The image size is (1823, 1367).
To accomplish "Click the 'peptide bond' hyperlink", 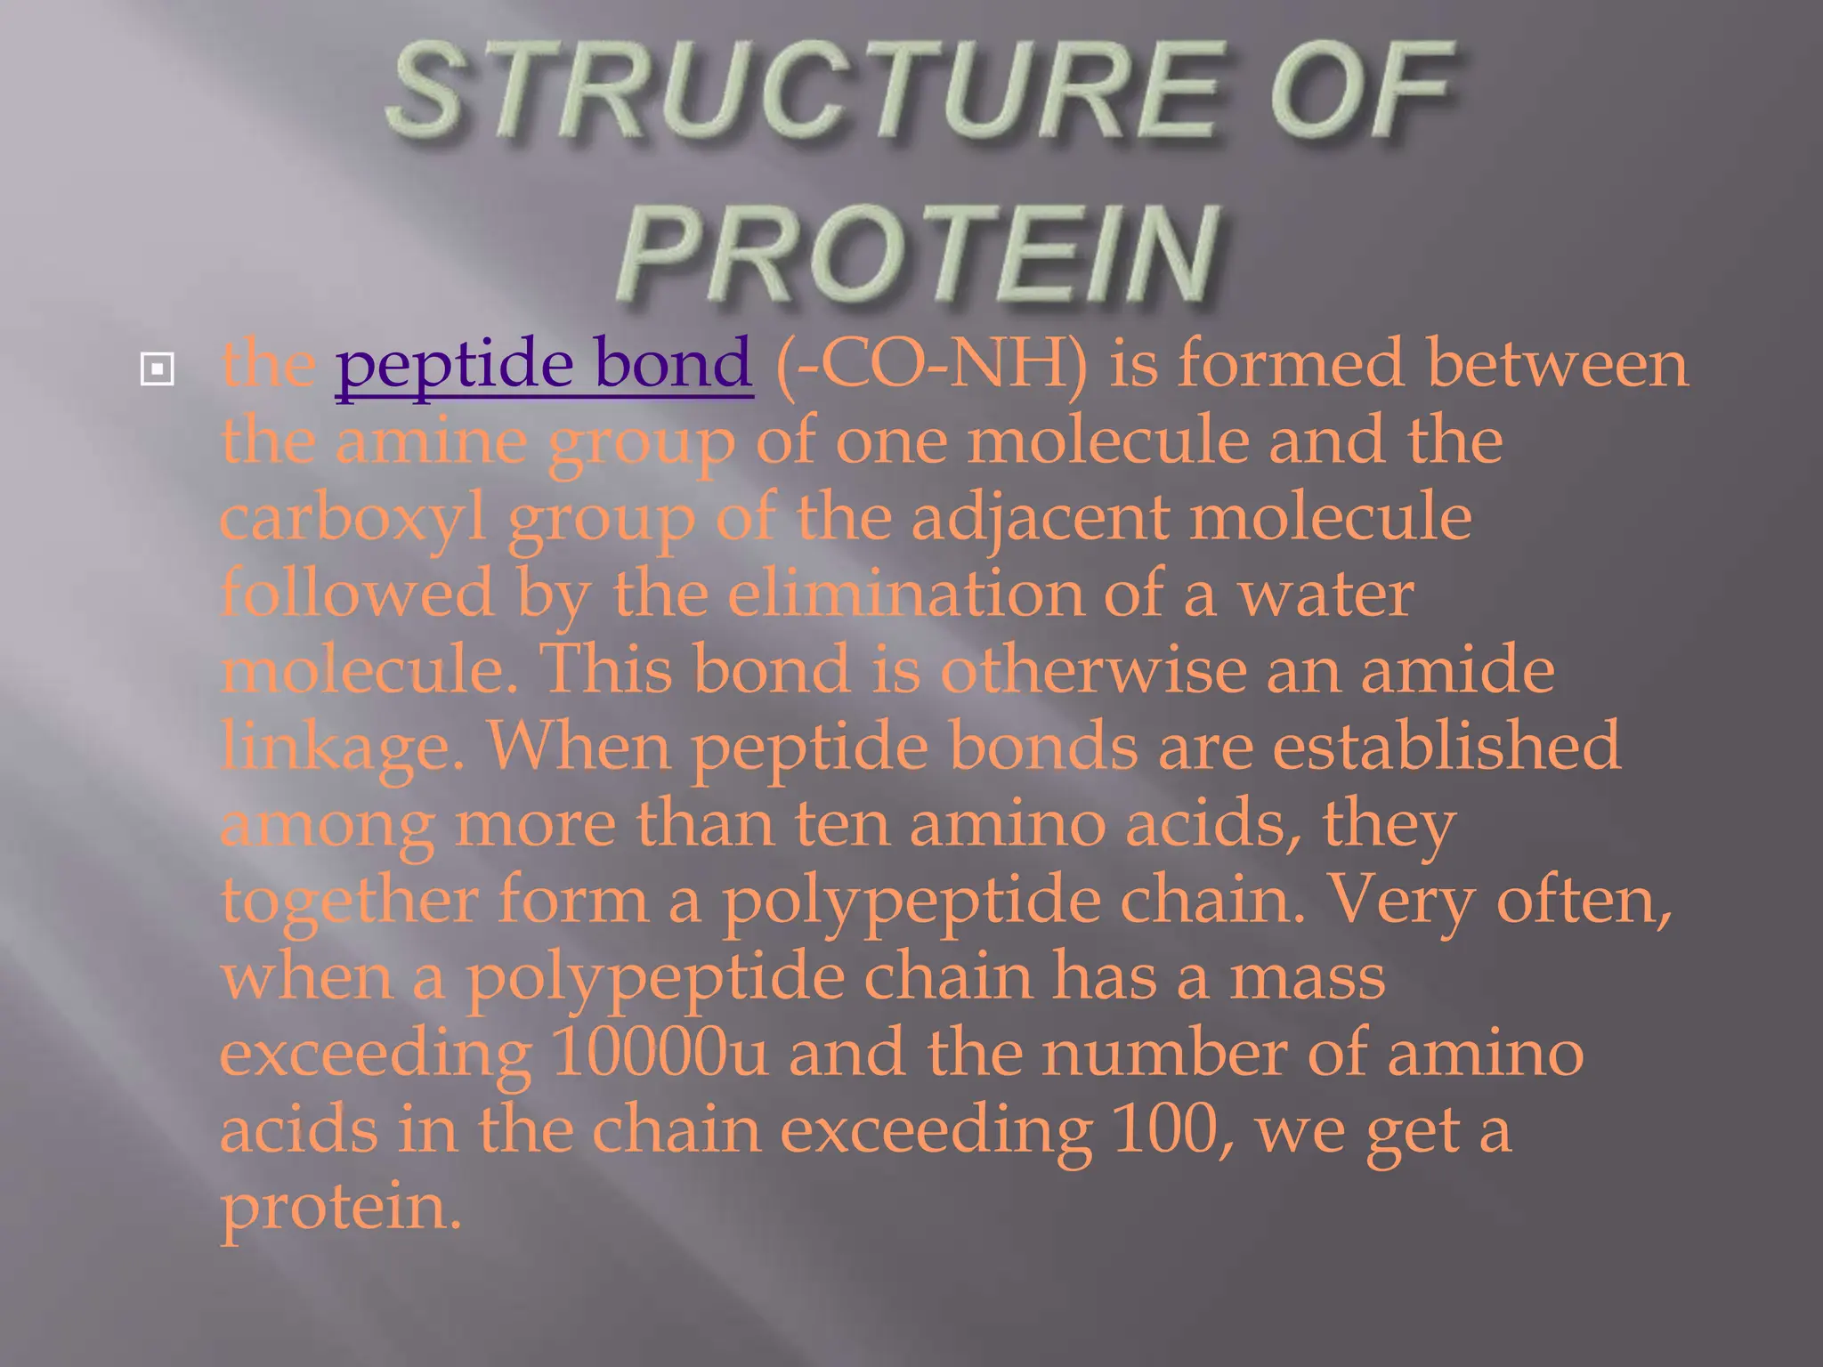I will [544, 364].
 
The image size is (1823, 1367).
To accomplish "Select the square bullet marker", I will [157, 368].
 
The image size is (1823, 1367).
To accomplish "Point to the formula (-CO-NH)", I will [931, 364].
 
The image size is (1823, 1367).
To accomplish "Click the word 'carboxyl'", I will [353, 518].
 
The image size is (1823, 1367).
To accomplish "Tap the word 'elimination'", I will [905, 594].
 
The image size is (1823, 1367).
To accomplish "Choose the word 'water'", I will [1326, 594].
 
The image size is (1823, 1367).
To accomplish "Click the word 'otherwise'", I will [1093, 669].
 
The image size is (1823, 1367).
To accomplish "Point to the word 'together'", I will [349, 901].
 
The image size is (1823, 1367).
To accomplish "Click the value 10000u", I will [659, 1053].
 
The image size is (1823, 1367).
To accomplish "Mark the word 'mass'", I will [1308, 976].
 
